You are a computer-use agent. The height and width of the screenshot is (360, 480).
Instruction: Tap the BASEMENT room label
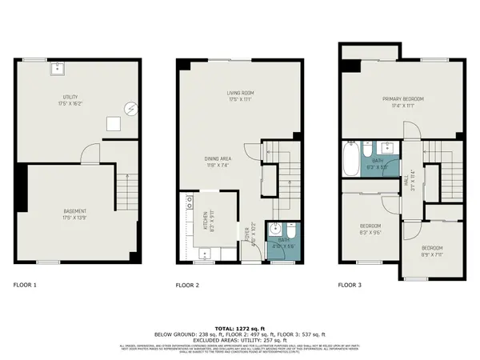point(75,214)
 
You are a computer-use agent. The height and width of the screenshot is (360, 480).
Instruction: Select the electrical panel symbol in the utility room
point(132,109)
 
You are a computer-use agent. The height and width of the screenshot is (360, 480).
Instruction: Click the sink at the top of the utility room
point(58,69)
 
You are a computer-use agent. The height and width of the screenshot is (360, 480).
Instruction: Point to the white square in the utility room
point(114,124)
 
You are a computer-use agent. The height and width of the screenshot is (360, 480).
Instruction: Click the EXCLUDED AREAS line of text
point(240,341)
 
